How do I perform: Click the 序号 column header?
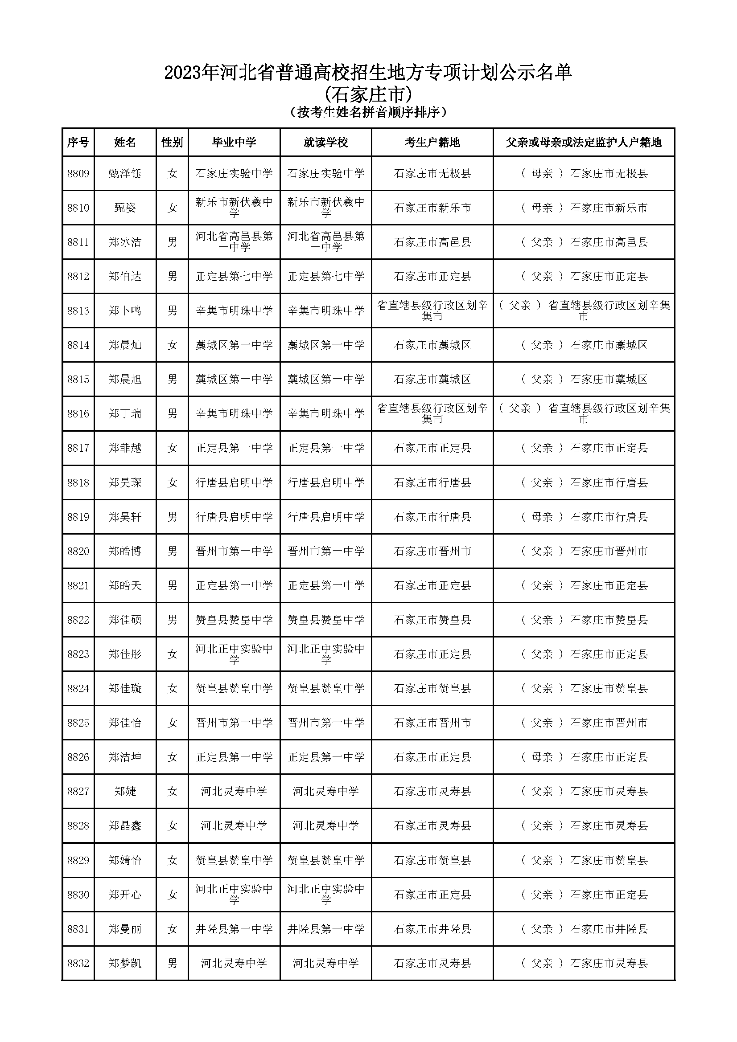78,143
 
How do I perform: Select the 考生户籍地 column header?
432,143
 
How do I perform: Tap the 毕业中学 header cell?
234,143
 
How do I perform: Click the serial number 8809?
78,173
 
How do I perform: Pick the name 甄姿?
125,208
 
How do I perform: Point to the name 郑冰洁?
125,242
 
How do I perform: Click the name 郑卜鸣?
125,311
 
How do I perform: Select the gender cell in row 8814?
172,345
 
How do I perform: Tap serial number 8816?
78,414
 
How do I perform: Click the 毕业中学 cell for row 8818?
234,482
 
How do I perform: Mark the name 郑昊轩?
125,517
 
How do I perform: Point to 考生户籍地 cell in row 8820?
432,552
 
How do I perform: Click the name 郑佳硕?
125,620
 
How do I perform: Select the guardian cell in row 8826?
584,757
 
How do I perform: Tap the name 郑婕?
125,792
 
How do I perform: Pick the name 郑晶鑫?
125,826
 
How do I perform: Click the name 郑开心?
125,895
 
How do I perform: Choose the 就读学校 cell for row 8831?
325,929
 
